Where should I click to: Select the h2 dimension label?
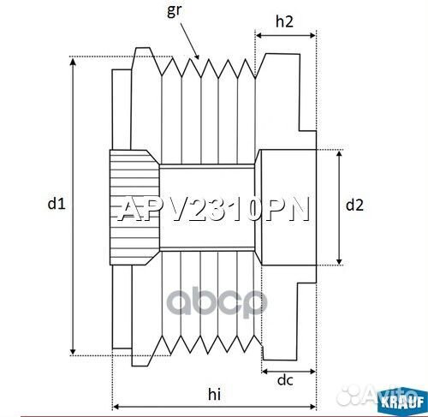pos(286,22)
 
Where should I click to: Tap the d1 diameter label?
pos(56,204)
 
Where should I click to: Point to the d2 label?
pos(354,206)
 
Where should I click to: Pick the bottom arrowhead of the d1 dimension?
pos(74,350)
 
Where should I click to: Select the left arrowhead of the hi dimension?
pos(116,405)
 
